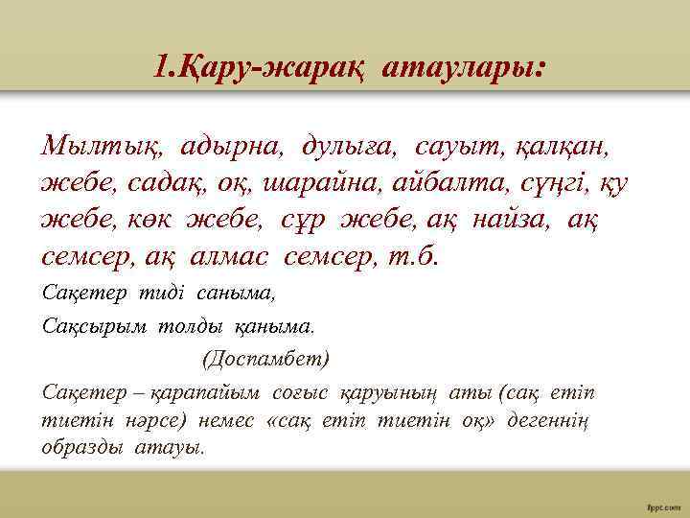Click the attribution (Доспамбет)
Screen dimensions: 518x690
[264, 359]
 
